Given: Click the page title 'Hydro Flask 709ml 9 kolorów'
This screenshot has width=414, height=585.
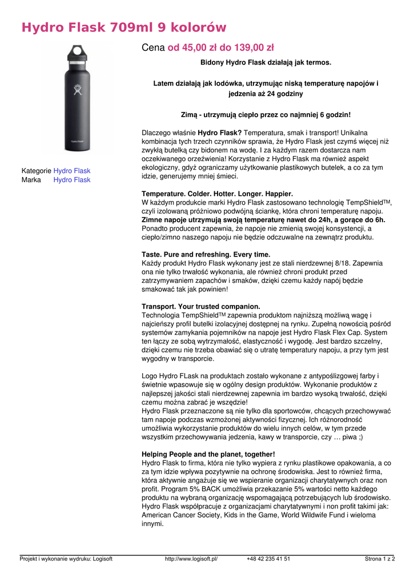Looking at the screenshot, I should [x=124, y=27].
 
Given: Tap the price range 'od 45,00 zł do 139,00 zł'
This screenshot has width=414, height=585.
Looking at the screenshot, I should [x=220, y=48].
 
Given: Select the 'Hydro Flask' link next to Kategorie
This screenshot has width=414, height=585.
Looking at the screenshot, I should [x=72, y=171].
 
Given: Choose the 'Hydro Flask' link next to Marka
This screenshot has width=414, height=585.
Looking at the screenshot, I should [x=72, y=180].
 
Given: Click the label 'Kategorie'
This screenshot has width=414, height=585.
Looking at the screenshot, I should [x=37, y=171].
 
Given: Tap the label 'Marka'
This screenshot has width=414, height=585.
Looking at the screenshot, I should [x=31, y=180].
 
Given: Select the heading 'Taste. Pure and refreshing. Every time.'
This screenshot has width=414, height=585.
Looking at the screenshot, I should [x=206, y=254].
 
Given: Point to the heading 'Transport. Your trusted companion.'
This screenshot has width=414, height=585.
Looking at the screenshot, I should [x=200, y=306].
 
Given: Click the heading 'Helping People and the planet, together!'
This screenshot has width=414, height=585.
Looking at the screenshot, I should [x=208, y=454].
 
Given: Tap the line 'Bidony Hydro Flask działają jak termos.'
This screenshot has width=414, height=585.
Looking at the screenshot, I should [x=266, y=62].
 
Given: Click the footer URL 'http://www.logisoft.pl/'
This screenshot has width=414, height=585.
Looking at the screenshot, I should [x=191, y=559].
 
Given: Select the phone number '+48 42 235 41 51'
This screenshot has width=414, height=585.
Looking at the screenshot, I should [x=268, y=559].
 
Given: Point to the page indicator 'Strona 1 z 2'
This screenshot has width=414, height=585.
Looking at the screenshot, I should [x=380, y=559].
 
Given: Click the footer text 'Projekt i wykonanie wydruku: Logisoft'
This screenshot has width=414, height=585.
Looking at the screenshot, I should [x=66, y=559].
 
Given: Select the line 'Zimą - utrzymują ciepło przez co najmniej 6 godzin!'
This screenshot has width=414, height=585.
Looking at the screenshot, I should [x=266, y=114].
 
